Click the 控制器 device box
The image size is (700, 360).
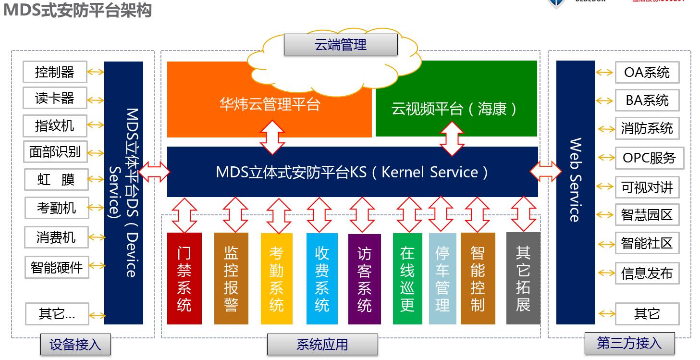(55, 72)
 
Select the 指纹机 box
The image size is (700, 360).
(55, 126)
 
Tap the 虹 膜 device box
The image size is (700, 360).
(56, 180)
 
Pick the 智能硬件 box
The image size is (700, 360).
(57, 267)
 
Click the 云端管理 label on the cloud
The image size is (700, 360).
(341, 45)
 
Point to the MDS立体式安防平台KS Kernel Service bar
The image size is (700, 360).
(352, 172)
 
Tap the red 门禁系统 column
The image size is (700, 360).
(184, 278)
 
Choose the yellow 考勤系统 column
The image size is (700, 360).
(276, 278)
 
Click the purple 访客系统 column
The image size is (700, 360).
(364, 279)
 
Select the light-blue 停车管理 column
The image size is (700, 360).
(442, 278)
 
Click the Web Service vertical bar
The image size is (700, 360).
(575, 192)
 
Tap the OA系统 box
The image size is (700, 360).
(647, 73)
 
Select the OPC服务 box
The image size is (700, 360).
(649, 158)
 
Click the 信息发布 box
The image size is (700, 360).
(647, 273)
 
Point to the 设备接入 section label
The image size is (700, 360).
(75, 345)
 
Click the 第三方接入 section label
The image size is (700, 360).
(629, 343)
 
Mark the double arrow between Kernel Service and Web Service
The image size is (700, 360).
(546, 171)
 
